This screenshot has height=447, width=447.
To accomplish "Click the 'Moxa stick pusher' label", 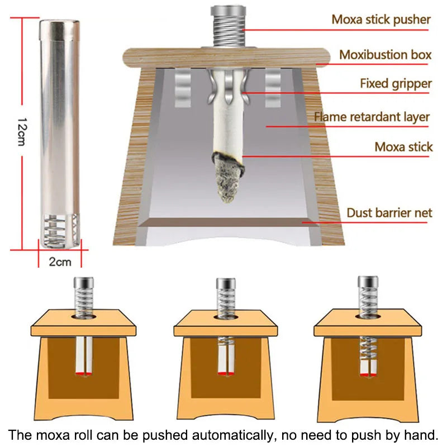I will (x=381, y=20).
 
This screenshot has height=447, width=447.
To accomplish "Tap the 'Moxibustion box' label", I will (x=386, y=55).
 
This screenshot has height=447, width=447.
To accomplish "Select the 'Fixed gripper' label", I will (x=396, y=84).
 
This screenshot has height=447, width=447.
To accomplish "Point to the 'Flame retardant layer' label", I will (x=372, y=117).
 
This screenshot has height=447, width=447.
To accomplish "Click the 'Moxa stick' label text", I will (x=403, y=147).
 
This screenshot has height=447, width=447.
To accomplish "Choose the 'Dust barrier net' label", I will (x=389, y=213).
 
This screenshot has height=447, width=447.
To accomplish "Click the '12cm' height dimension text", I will (x=21, y=132).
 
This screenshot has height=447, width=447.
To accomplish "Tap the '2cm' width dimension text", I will (x=60, y=261).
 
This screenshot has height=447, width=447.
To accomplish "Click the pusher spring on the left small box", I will (x=84, y=302).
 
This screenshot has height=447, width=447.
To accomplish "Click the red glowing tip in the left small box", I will (x=84, y=372).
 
